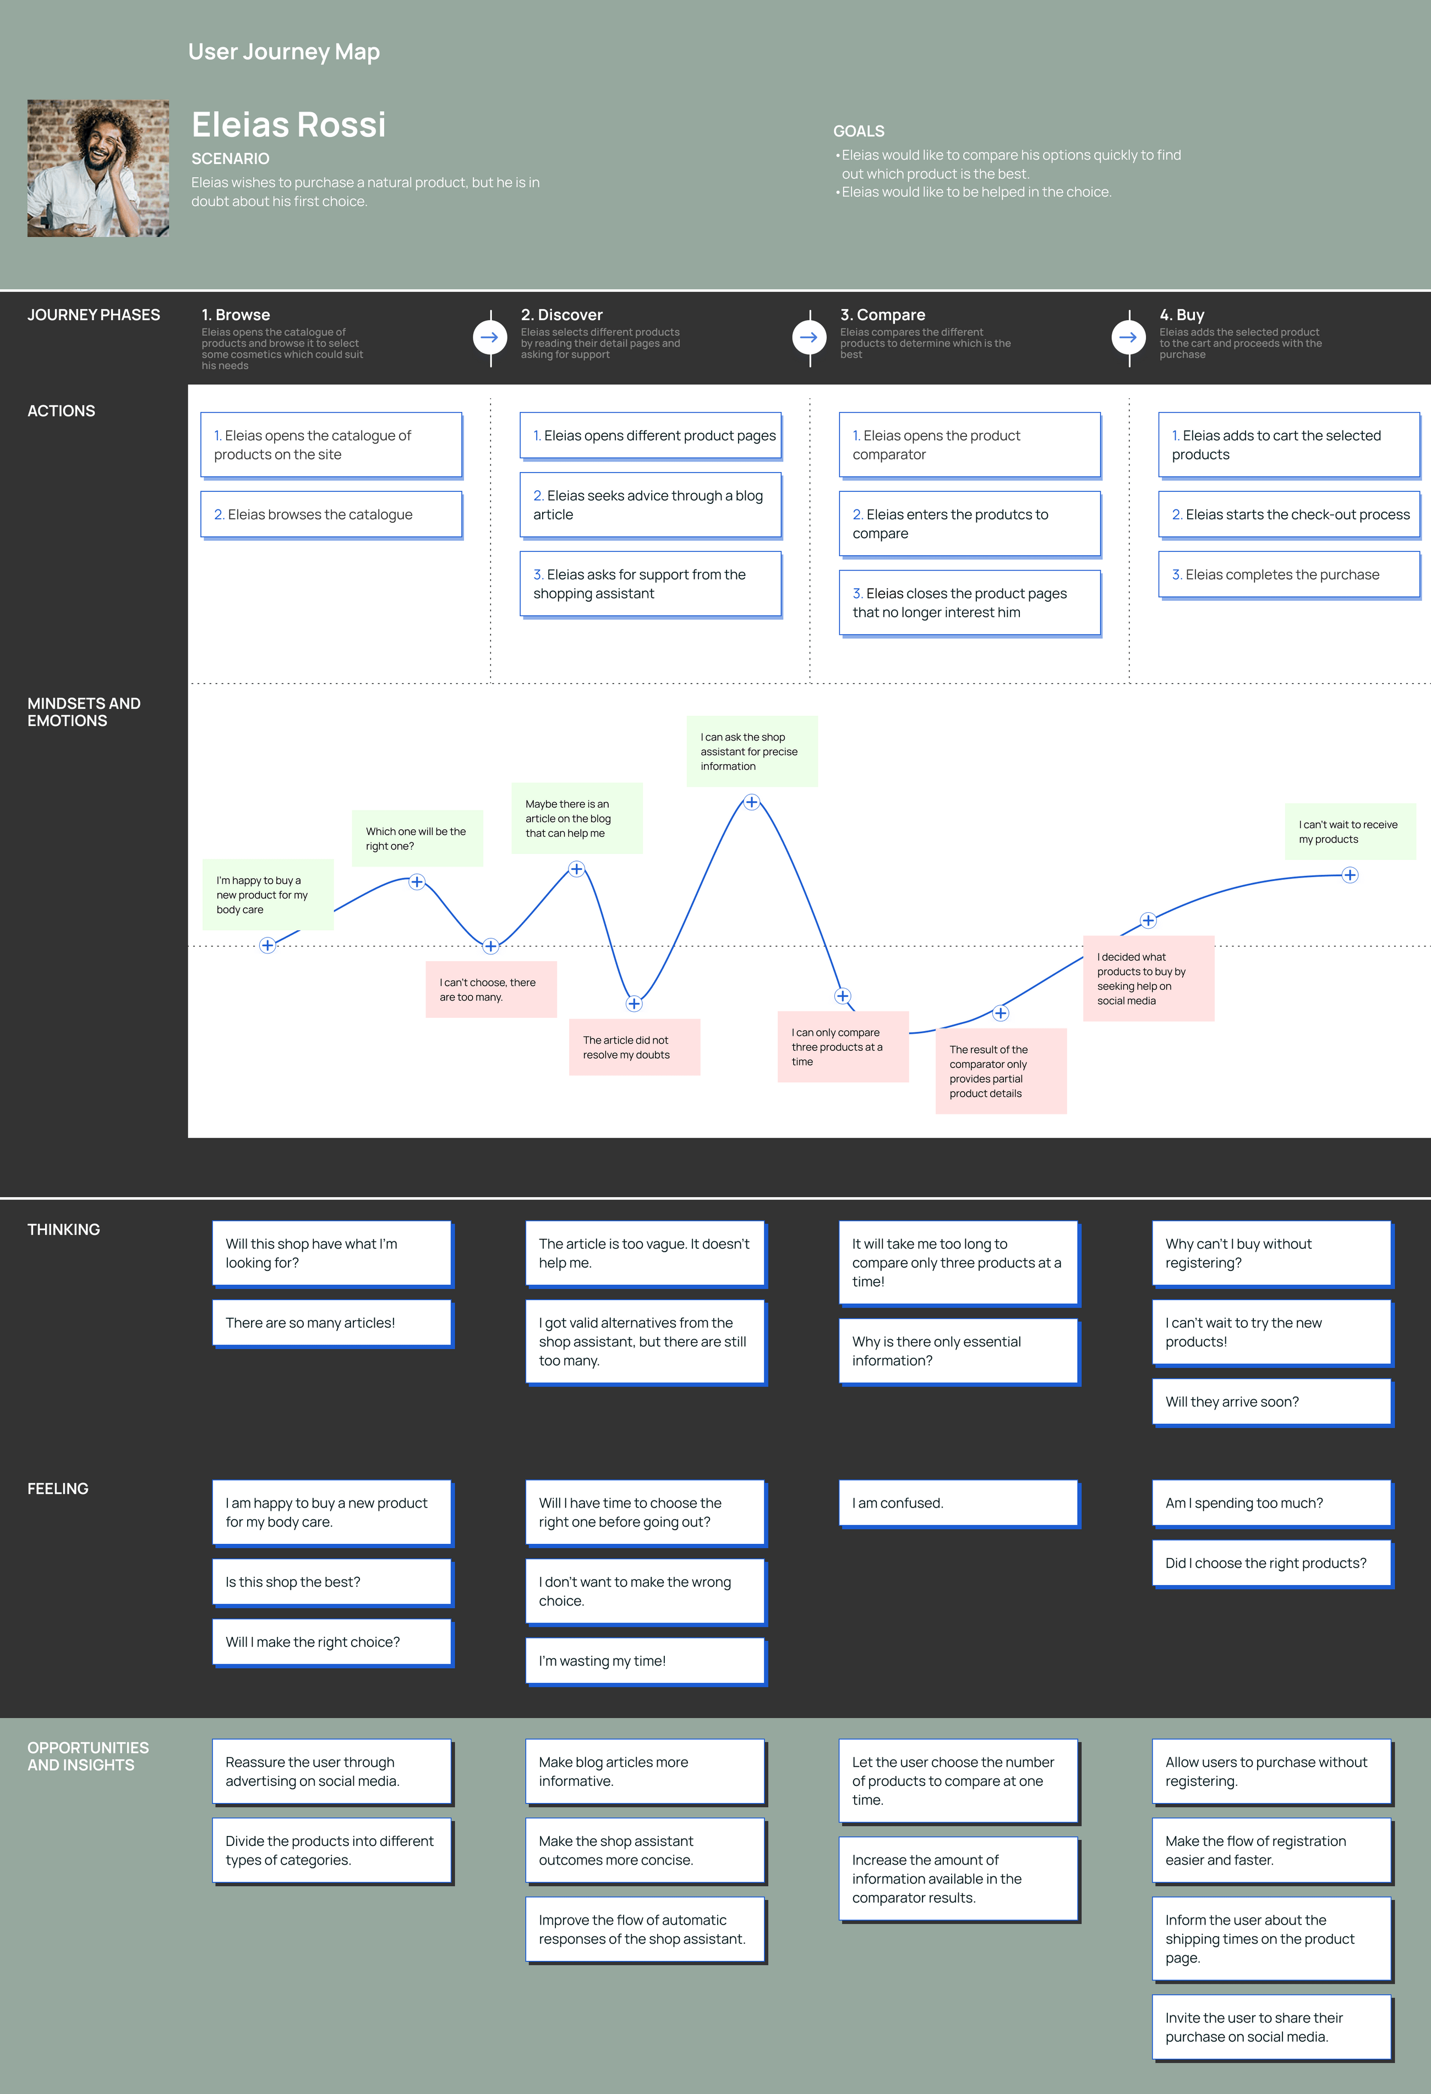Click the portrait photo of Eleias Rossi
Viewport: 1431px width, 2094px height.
click(x=98, y=168)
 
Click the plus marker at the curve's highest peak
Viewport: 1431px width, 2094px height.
click(x=751, y=802)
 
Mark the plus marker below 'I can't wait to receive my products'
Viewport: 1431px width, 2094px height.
click(x=1349, y=875)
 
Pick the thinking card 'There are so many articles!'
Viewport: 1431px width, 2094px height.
click(x=332, y=1323)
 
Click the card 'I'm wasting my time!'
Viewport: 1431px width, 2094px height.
click(x=645, y=1660)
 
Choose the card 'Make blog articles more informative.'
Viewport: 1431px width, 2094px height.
click(x=645, y=1772)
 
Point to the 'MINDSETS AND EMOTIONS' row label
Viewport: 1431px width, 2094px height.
click(x=84, y=712)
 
